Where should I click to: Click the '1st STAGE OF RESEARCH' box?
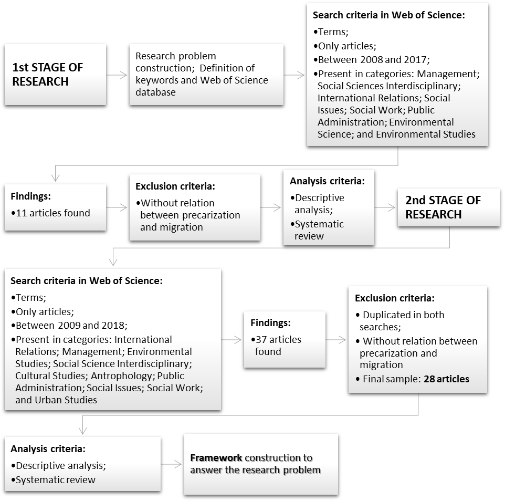click(55, 75)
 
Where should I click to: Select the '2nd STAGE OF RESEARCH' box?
click(448, 207)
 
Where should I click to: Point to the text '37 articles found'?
click(276, 345)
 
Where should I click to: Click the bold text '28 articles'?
click(447, 379)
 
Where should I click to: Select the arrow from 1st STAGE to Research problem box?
click(117, 75)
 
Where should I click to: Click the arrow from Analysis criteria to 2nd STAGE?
click(385, 208)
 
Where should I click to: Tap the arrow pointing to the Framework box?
click(172, 465)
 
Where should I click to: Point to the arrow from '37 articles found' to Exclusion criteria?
click(336, 340)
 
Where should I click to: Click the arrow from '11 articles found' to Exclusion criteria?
click(117, 208)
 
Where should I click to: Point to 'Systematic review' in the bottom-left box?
click(56, 479)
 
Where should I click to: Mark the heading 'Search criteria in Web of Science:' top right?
click(388, 15)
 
